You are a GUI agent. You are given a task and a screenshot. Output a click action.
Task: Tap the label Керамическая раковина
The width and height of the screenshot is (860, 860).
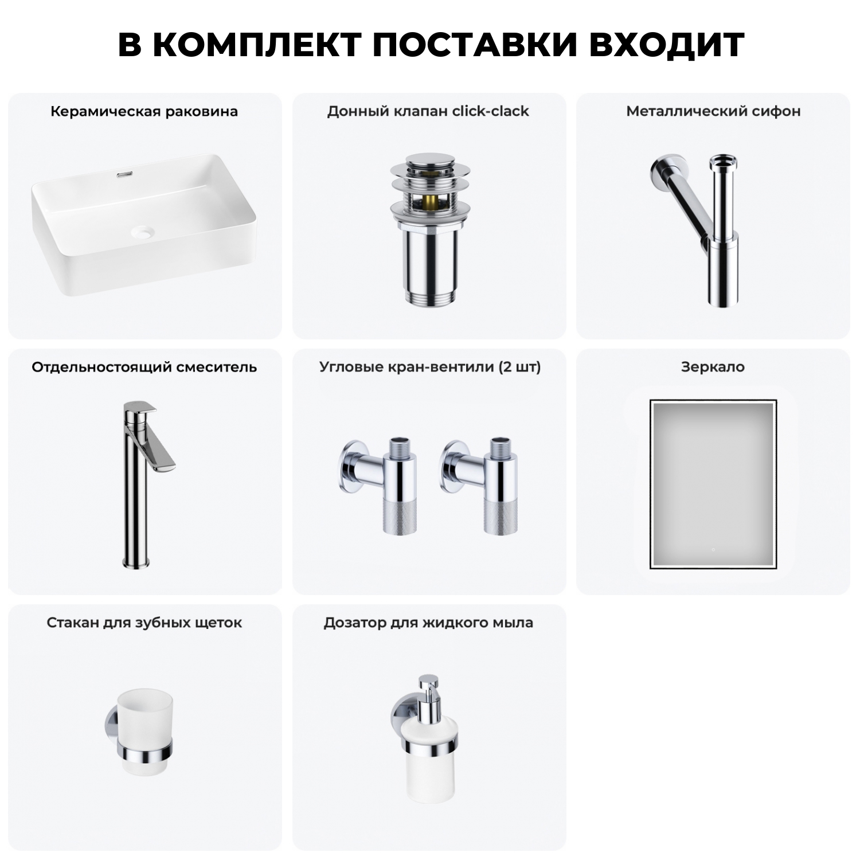[x=144, y=111]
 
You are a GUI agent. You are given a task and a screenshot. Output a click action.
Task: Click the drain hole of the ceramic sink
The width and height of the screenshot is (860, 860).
[x=143, y=232]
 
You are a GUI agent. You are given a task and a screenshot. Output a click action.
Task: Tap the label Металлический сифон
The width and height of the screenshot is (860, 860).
[x=713, y=111]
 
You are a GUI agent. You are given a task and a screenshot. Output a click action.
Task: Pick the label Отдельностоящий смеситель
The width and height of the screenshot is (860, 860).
[x=144, y=367]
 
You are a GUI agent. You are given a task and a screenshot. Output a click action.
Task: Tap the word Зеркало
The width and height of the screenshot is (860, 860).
[x=713, y=367]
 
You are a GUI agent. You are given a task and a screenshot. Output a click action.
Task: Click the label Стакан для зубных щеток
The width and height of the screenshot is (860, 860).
[x=144, y=623]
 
